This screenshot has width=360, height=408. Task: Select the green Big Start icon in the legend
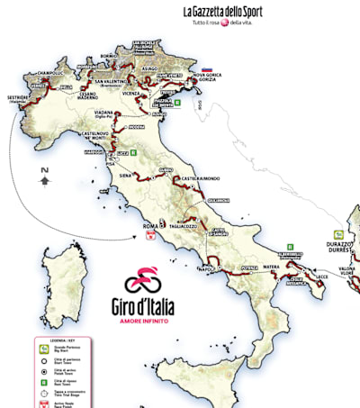coord(41,347)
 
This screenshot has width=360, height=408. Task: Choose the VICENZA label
coord(139,93)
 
